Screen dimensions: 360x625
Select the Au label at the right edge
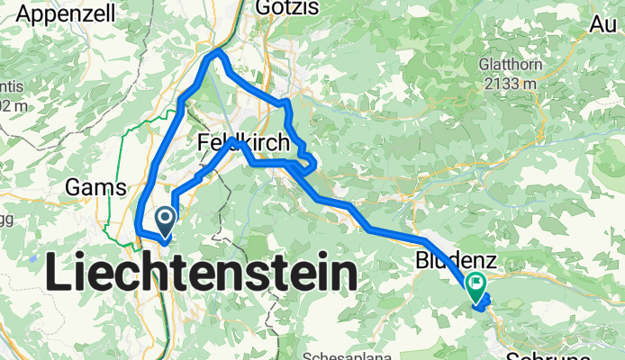point(602,25)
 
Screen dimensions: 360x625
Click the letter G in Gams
point(74,188)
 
